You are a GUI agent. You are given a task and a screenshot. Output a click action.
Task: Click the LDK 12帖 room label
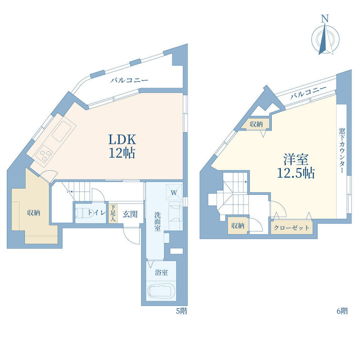[x=122, y=146]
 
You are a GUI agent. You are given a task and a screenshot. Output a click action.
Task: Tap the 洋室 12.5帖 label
[x=296, y=166]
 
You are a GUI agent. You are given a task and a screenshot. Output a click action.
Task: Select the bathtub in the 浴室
[x=161, y=291]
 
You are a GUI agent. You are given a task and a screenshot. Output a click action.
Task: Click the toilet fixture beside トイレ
[x=80, y=213]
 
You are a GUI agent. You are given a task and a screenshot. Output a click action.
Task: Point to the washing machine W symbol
[x=174, y=192]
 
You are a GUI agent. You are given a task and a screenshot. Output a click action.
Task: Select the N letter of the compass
[x=324, y=18]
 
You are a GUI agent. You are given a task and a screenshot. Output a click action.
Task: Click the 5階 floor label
[x=182, y=311]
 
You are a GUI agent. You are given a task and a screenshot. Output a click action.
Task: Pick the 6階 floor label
[x=342, y=311]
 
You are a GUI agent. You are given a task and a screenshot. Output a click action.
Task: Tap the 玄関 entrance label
[x=130, y=214]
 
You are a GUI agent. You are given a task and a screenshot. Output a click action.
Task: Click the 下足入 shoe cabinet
[x=113, y=213]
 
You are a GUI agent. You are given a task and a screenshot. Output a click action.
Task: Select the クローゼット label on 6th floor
[x=291, y=228]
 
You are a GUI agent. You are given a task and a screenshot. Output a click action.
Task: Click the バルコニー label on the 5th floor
[x=129, y=80]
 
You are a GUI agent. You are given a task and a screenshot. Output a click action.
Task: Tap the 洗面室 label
[x=157, y=221]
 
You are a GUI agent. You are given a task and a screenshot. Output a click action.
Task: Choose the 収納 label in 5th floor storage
[x=34, y=212]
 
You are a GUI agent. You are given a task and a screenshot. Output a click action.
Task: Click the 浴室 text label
[x=161, y=273]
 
